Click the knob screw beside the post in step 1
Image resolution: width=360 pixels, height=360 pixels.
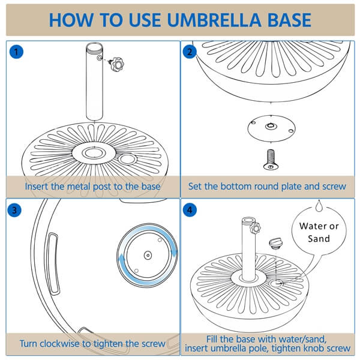[115, 64]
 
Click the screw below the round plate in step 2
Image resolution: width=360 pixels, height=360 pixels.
[268, 158]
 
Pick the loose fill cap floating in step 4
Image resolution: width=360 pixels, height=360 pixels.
[277, 243]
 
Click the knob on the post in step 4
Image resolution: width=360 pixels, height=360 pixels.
[256, 229]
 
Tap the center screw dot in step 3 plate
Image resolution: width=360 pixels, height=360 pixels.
[146, 254]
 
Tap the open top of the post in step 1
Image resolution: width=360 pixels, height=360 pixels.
[94, 47]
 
